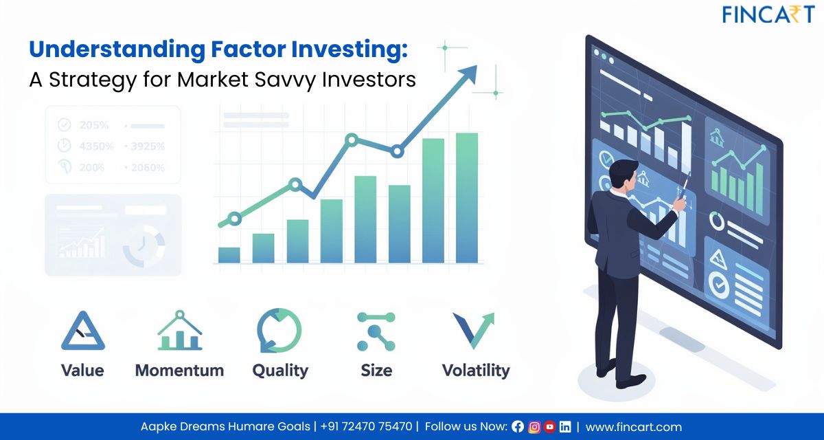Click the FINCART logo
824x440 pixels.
[768, 14]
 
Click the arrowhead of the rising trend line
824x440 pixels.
[469, 73]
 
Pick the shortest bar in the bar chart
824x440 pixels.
[229, 255]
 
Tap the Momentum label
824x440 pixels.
[179, 371]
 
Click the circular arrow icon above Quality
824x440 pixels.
[279, 331]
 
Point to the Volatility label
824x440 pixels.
[475, 371]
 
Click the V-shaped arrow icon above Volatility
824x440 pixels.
[473, 331]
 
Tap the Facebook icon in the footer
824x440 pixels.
[518, 427]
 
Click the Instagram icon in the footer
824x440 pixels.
[534, 427]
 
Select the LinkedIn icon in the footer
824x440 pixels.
[564, 427]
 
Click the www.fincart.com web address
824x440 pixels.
[634, 427]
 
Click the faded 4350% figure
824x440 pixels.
[94, 146]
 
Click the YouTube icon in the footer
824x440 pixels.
[549, 427]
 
